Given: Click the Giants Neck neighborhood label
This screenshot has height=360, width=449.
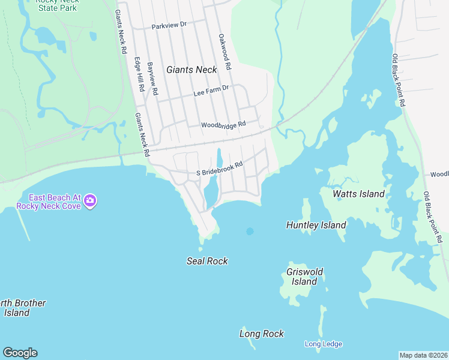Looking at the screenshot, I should pyautogui.click(x=191, y=70).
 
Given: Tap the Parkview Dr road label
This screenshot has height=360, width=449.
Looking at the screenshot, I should pyautogui.click(x=169, y=26).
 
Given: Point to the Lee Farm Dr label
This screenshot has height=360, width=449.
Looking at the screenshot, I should pyautogui.click(x=211, y=89).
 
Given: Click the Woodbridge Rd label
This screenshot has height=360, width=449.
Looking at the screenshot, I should pyautogui.click(x=223, y=125).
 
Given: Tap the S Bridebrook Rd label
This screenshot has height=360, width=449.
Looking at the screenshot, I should pyautogui.click(x=220, y=169).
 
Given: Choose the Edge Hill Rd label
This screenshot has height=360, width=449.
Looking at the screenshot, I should pyautogui.click(x=140, y=74).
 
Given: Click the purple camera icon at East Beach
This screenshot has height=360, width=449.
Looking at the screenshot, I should pyautogui.click(x=90, y=200).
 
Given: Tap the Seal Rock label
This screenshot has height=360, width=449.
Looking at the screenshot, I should pyautogui.click(x=207, y=261).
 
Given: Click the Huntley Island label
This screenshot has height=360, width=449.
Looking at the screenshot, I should pyautogui.click(x=316, y=225).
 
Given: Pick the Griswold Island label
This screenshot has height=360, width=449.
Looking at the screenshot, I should pyautogui.click(x=304, y=277).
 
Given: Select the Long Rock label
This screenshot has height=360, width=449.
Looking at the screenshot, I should pyautogui.click(x=261, y=334).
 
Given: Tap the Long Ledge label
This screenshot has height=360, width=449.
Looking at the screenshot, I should pyautogui.click(x=323, y=344).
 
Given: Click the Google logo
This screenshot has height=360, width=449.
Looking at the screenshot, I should pyautogui.click(x=20, y=353).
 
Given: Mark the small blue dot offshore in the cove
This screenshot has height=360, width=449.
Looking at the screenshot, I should pyautogui.click(x=250, y=231).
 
